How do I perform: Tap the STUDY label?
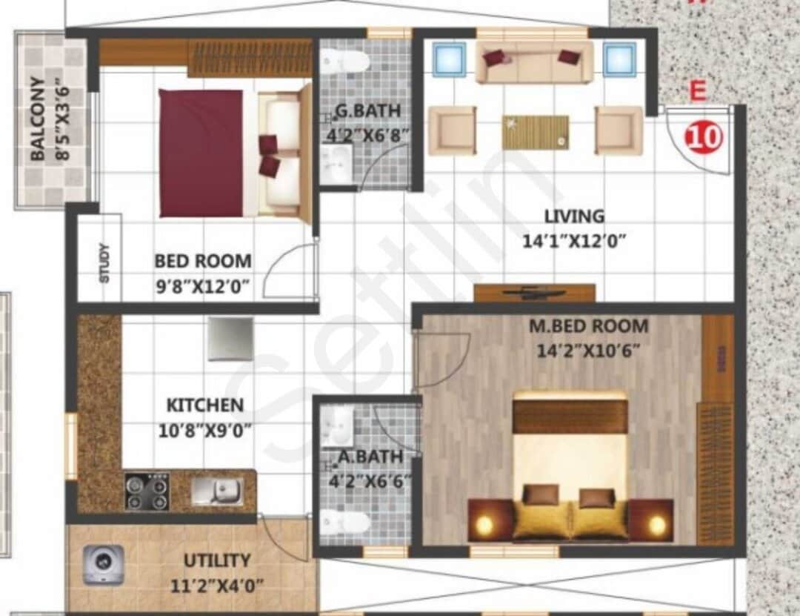tap(104, 263)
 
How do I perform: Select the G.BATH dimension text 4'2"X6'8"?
tap(368, 136)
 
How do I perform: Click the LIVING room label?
tap(574, 216)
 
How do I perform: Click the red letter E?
tap(696, 92)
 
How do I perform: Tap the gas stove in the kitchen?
tap(147, 491)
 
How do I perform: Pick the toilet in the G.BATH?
tap(347, 61)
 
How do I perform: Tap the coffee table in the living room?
tap(536, 132)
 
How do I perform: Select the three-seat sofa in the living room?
tap(534, 62)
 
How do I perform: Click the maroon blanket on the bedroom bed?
tap(201, 153)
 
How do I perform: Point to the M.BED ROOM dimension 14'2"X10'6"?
tap(589, 350)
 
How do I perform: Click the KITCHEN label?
tap(204, 405)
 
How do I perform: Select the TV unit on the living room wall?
tap(534, 293)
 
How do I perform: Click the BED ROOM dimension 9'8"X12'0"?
tap(203, 285)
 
